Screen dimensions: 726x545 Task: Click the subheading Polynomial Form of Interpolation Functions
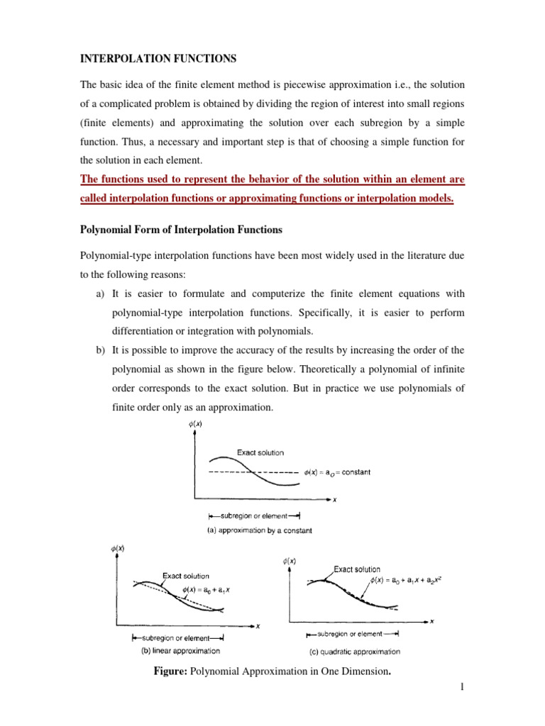tap(181, 230)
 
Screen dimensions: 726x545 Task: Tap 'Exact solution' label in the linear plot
tap(186, 575)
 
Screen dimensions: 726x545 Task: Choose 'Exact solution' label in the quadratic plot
tap(357, 569)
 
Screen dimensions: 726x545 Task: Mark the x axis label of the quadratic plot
tap(432, 622)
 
